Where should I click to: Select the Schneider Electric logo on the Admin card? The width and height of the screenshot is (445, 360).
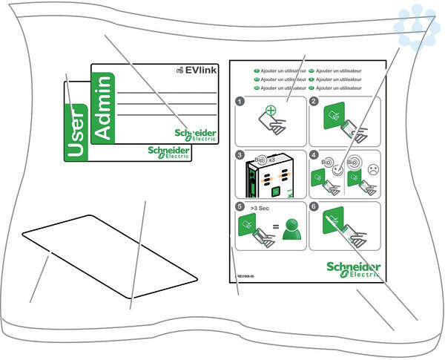coord(196,134)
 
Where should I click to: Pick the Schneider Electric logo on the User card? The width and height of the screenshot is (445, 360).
coord(169,152)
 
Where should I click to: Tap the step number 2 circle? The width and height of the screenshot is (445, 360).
coord(314,102)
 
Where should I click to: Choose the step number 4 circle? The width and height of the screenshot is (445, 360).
coord(314,155)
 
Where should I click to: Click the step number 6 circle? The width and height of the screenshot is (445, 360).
coord(314,207)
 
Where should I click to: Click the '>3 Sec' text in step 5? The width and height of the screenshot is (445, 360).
coord(261,209)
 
